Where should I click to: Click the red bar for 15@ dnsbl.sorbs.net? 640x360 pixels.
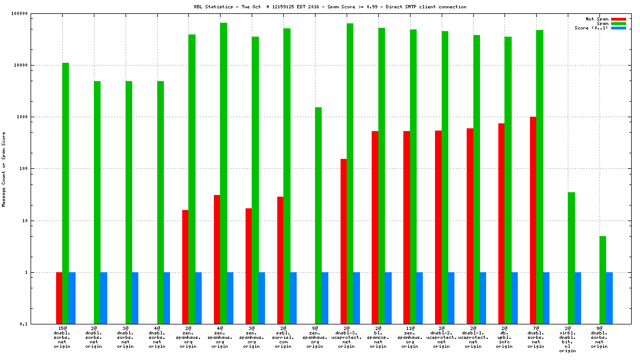point(59,298)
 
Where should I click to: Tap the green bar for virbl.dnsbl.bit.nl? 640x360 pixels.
point(571,258)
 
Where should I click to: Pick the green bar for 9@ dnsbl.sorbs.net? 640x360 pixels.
point(603,280)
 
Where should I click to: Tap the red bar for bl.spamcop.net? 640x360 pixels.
point(375,227)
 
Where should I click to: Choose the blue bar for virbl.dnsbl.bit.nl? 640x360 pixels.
point(578,298)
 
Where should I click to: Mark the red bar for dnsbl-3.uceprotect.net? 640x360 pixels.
point(343,241)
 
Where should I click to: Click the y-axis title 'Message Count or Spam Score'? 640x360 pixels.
point(4,169)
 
